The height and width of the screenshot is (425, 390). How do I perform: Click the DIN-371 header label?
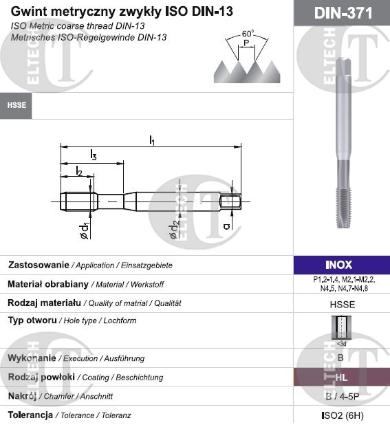point(341,13)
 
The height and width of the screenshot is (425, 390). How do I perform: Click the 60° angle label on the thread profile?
point(248,33)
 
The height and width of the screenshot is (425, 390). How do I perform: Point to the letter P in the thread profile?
point(246,43)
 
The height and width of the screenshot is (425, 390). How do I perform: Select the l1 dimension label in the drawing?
point(152,140)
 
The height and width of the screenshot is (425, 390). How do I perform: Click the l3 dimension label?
point(93,156)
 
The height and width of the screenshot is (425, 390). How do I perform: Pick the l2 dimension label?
point(78,171)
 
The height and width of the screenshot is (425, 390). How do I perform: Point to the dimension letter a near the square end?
point(226,225)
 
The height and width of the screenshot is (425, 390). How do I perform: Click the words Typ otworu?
point(33,320)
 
